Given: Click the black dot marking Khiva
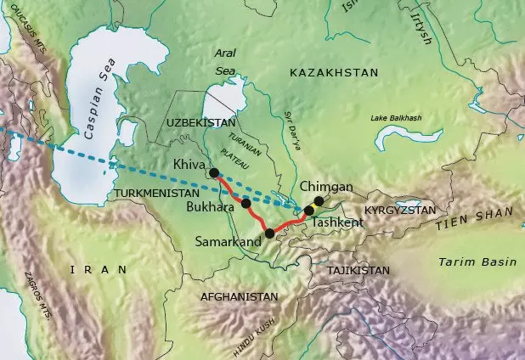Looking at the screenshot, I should point(213,173).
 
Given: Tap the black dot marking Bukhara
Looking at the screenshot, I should point(246,204).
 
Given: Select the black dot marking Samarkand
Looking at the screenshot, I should point(269,233).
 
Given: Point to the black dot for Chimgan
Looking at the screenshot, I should point(319,201).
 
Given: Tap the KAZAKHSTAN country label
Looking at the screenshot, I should point(333,75).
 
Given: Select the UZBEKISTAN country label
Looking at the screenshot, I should point(200,123).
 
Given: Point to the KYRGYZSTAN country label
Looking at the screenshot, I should point(399,209).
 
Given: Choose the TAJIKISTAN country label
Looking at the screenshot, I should point(357,270).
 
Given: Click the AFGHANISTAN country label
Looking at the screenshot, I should point(239,297).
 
